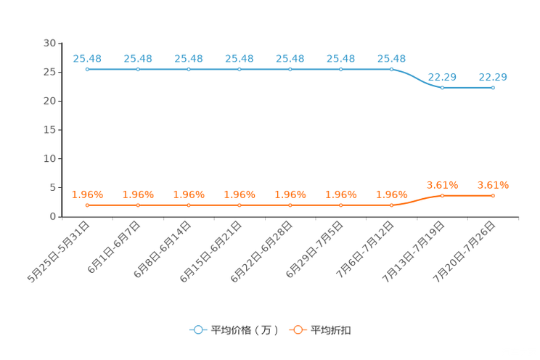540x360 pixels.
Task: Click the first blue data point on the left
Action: [x=87, y=69]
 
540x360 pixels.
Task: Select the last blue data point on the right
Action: [x=493, y=87]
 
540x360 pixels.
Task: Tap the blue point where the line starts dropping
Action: [x=391, y=69]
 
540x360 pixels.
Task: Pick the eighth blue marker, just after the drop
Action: [x=442, y=87]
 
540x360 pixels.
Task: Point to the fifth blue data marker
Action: [x=290, y=69]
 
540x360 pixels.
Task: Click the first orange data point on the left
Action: [x=87, y=205]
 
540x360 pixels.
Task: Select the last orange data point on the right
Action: [x=493, y=196]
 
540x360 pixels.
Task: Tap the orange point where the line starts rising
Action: [x=391, y=205]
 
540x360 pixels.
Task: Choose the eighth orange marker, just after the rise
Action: [x=442, y=196]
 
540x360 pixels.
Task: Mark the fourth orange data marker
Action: [x=240, y=205]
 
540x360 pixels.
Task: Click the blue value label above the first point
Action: [x=87, y=58]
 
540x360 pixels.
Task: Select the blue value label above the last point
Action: [x=493, y=76]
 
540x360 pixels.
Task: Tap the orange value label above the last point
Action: [x=493, y=185]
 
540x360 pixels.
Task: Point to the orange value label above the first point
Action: [x=87, y=195]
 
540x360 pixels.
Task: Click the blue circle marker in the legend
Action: [x=197, y=330]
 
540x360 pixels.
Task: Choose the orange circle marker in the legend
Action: [x=297, y=330]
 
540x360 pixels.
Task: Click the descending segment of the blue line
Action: [x=417, y=79]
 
